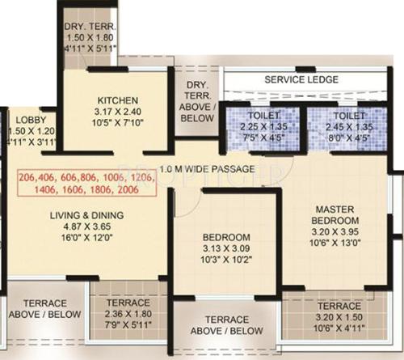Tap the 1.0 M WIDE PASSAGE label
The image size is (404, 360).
pyautogui.click(x=208, y=169)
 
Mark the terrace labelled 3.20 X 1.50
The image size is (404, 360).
pyautogui.click(x=339, y=318)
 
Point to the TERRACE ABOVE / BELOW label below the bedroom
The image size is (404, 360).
pyautogui.click(x=226, y=325)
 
